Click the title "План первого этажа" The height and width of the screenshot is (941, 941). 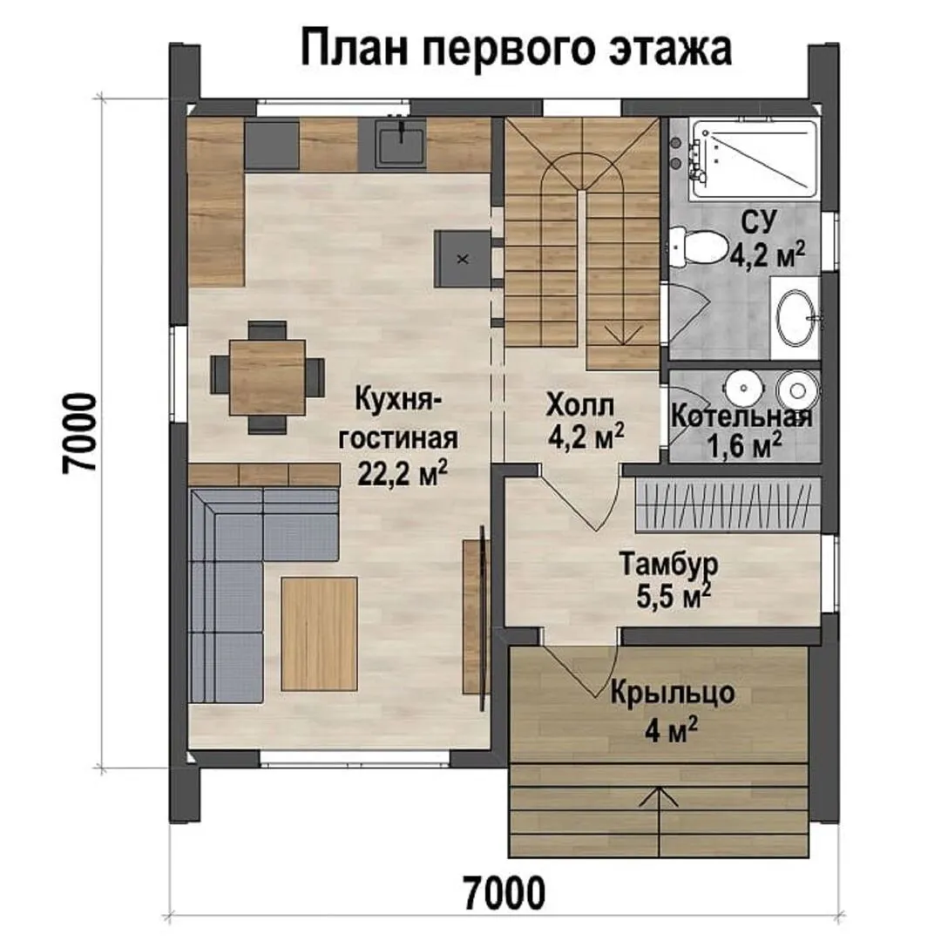point(516,49)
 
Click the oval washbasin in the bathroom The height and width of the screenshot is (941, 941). point(797,318)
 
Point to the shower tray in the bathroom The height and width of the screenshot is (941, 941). point(753,159)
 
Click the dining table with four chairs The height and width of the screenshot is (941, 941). point(267,377)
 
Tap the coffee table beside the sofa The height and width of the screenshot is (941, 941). point(319,633)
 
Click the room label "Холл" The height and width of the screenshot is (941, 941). point(580,406)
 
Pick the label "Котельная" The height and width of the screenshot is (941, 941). point(741,416)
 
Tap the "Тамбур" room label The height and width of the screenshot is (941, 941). point(668,565)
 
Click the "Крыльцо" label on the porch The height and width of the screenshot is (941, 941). point(673,694)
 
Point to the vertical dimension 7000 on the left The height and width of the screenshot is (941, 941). point(79,433)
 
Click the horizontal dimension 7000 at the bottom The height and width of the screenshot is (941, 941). point(504,893)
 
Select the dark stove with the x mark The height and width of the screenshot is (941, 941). point(463,259)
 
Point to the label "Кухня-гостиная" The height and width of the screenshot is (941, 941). point(398,418)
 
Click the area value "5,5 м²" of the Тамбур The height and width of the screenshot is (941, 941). point(674,597)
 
